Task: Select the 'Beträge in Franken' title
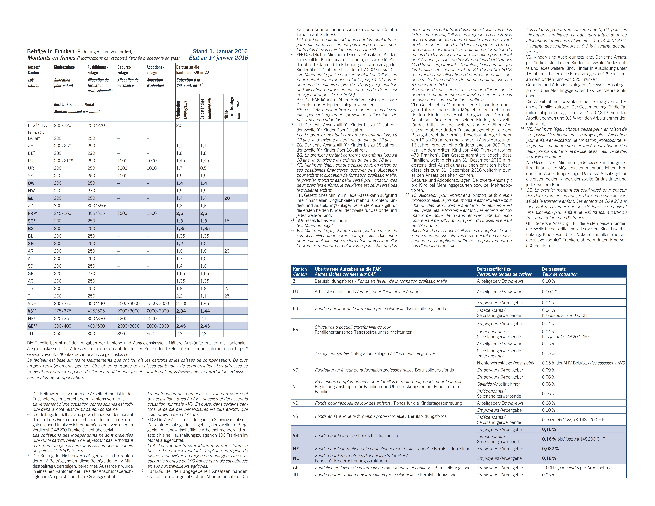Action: coord(51,51)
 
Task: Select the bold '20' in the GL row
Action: coord(227,198)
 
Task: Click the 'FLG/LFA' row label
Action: coord(37,125)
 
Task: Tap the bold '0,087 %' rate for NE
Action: coord(550,449)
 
